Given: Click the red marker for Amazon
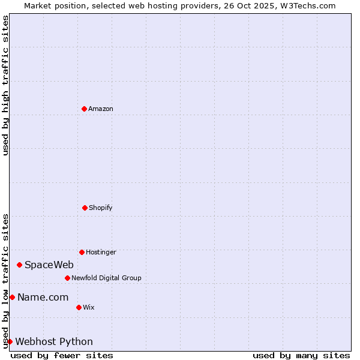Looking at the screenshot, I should pos(84,109).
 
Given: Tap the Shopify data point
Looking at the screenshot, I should pos(85,208).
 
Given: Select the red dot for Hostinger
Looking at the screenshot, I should pos(82,252).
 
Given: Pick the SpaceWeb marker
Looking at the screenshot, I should pos(19,265).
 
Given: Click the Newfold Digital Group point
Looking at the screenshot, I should pos(67,278).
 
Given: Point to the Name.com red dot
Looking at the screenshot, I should pos(12,297).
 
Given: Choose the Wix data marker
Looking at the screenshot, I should pos(79,307).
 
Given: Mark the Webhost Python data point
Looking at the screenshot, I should pos(10,341).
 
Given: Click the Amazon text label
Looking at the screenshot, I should pos(101,109).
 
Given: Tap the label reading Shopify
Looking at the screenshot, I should pos(101,208).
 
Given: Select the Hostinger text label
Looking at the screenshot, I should pos(101,252).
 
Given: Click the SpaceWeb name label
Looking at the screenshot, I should pos(49,265).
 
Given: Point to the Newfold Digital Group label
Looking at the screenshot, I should pos(106,278).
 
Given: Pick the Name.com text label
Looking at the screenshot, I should pos(43,297).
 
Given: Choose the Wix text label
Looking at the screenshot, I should pos(89,307).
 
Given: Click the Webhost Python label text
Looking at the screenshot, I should pos(54,341).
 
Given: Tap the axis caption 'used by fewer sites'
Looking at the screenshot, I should pos(62,355).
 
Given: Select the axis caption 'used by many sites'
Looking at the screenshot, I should pos(301,355).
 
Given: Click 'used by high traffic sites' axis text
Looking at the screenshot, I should pos(5,85).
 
